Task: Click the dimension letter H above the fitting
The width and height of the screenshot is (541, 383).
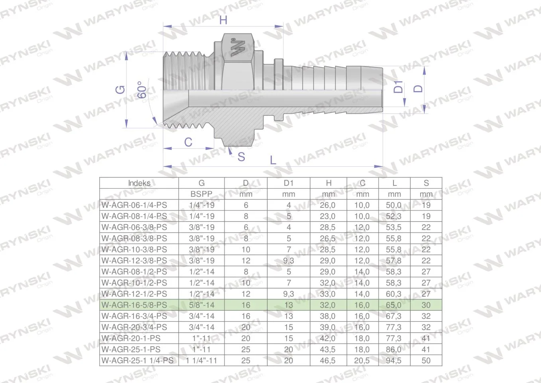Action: click(223, 20)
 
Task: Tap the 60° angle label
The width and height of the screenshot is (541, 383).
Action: click(142, 90)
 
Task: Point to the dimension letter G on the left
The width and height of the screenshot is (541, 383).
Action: click(120, 90)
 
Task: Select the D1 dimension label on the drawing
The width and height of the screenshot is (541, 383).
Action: click(398, 87)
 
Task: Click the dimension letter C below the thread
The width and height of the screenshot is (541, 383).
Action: click(188, 142)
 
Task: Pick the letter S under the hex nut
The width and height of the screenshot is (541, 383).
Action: click(241, 157)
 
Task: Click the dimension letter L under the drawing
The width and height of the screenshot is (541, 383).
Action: click(273, 160)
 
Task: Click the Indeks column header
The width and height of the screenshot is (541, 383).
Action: click(139, 183)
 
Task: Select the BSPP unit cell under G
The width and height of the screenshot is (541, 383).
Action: click(201, 194)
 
